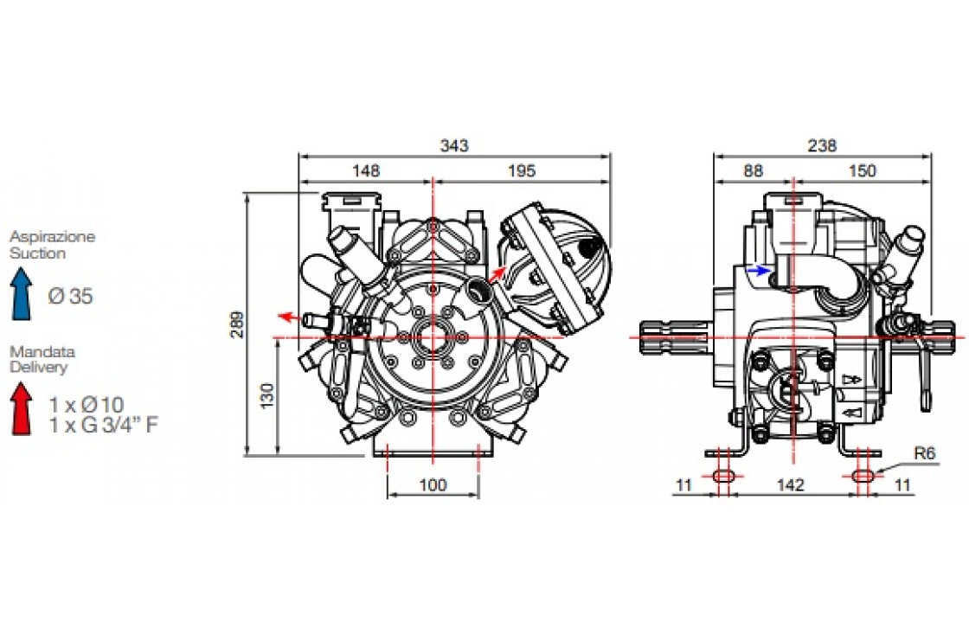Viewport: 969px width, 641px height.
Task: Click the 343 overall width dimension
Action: pyautogui.click(x=454, y=145)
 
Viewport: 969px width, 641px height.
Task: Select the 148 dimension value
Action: pyautogui.click(x=366, y=170)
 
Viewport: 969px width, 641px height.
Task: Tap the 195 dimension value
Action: pyautogui.click(x=522, y=170)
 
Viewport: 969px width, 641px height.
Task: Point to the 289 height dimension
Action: pyautogui.click(x=238, y=324)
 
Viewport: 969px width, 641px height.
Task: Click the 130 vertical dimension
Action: pyautogui.click(x=266, y=395)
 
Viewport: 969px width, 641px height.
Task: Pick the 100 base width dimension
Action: pyautogui.click(x=433, y=484)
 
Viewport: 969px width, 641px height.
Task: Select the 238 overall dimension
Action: pyautogui.click(x=822, y=145)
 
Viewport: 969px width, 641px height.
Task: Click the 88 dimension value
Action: pyautogui.click(x=753, y=170)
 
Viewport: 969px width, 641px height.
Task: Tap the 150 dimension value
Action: pyautogui.click(x=862, y=170)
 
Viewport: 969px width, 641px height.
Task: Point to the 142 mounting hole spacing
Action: pyautogui.click(x=790, y=484)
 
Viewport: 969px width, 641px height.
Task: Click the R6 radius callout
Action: pyautogui.click(x=925, y=453)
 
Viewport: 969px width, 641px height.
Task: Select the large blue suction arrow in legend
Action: pyautogui.click(x=22, y=293)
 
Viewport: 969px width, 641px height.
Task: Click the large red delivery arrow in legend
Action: pyautogui.click(x=22, y=408)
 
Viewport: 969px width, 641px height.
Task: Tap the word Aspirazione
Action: pyautogui.click(x=53, y=237)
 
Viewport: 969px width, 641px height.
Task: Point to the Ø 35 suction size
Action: pyautogui.click(x=70, y=296)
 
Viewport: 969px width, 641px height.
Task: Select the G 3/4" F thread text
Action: pyautogui.click(x=120, y=425)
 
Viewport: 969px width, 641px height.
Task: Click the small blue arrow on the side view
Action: pyautogui.click(x=759, y=270)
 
